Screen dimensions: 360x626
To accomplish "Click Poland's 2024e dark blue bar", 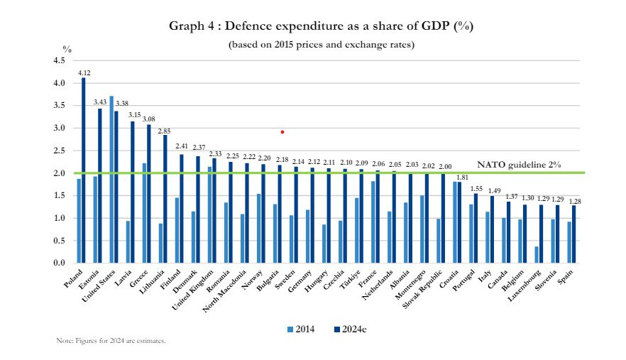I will pyautogui.click(x=84, y=170).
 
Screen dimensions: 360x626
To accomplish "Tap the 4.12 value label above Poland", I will pyautogui.click(x=84, y=72).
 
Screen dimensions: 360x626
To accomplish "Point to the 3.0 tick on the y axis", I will pyautogui.click(x=59, y=128).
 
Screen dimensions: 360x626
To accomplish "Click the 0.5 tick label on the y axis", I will pyautogui.click(x=59, y=241).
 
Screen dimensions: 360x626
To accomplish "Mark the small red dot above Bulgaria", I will pyautogui.click(x=282, y=131).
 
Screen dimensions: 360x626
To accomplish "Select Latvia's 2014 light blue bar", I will pyautogui.click(x=128, y=242).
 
